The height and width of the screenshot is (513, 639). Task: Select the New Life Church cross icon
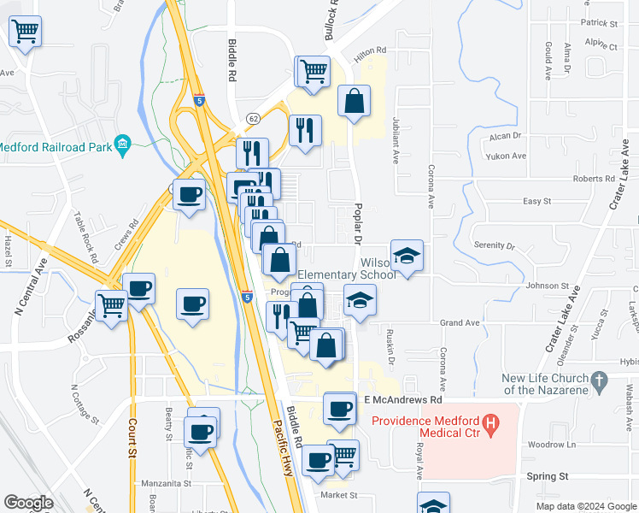[x=600, y=379]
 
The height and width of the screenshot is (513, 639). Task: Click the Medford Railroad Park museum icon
[x=123, y=142]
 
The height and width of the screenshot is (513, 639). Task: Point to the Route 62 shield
[x=253, y=117]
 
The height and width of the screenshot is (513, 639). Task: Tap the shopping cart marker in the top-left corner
[x=25, y=32]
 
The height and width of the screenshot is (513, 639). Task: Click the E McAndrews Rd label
[x=402, y=399]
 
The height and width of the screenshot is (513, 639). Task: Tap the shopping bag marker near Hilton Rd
[x=355, y=102]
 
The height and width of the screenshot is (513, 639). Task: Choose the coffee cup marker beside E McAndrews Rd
[x=340, y=408]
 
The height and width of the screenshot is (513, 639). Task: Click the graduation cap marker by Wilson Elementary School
[x=407, y=255]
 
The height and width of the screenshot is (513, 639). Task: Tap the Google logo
[x=28, y=503]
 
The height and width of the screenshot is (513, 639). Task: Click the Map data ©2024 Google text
[x=585, y=506]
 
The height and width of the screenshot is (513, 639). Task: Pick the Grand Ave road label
[x=460, y=323]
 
